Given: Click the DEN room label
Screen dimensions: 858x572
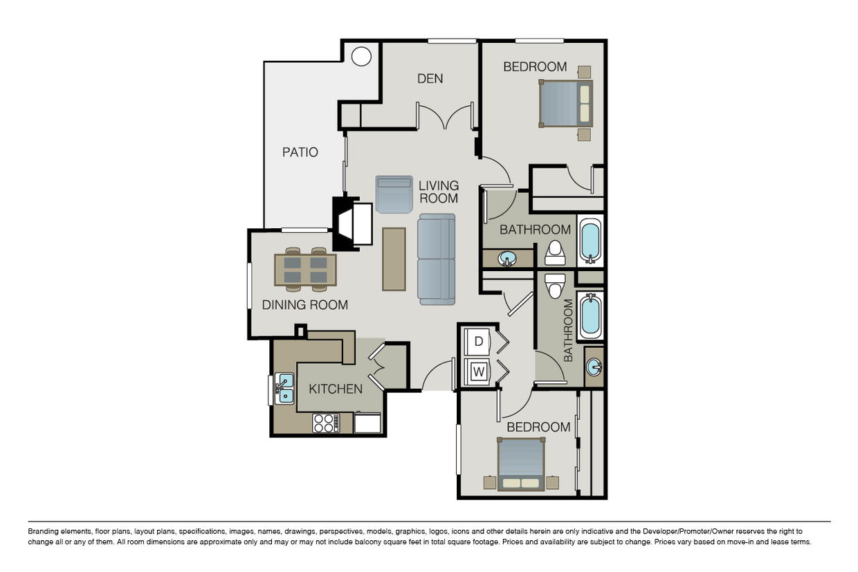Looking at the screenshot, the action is tap(430, 78).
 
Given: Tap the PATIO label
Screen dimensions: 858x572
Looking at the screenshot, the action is tap(300, 152).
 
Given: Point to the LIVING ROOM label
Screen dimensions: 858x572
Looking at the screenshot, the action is tap(439, 192).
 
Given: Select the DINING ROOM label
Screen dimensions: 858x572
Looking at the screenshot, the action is tap(305, 305).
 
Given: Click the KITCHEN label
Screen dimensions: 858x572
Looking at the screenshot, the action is tap(336, 389).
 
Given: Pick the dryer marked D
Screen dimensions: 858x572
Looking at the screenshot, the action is tap(477, 342).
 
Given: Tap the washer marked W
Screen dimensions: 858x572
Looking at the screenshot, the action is tap(477, 371).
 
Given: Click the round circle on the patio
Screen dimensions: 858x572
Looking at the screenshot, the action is tap(361, 56).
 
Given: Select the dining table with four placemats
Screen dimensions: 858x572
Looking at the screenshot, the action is tap(305, 270).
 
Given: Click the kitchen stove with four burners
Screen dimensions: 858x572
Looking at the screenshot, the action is tap(326, 423).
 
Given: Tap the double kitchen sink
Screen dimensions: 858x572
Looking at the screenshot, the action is tap(284, 389).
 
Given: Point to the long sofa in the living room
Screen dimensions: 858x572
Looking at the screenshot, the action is tap(437, 259).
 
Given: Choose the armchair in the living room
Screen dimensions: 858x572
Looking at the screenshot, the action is tap(394, 194).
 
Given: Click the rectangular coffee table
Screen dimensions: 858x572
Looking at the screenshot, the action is tap(394, 259).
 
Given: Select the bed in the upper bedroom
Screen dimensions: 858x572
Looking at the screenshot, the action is tap(566, 104).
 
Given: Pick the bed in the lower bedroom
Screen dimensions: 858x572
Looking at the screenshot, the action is tap(521, 464).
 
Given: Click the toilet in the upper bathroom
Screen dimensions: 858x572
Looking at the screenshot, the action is tap(555, 252).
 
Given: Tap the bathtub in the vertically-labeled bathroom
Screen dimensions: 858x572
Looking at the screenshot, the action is tap(590, 315).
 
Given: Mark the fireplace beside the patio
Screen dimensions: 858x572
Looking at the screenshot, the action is tap(352, 223).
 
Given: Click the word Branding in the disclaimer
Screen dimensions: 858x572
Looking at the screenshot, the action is tap(43, 531).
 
